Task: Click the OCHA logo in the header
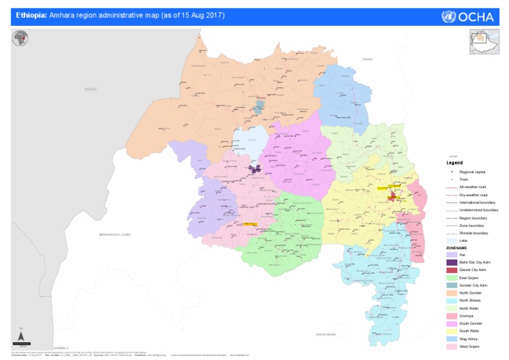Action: pos(468,17)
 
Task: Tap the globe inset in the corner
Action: pos(21,38)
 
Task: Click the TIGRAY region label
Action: pos(368,60)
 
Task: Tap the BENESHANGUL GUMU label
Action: pos(111,235)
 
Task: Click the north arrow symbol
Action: pos(22,331)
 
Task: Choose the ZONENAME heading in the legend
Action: pos(457,247)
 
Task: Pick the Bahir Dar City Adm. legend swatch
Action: pos(451,263)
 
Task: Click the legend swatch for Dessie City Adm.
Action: pos(451,270)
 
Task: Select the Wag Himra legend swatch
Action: pos(451,339)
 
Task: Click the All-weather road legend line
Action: pos(451,188)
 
